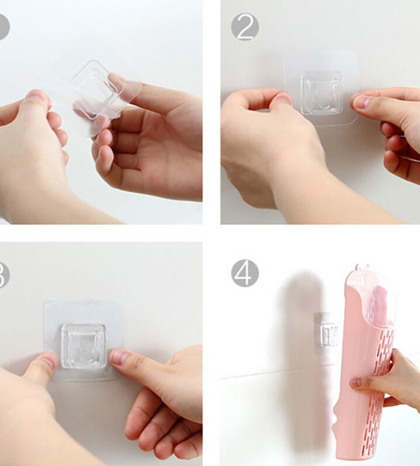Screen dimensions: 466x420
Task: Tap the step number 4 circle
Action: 244,273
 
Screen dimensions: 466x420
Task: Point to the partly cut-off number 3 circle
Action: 3,274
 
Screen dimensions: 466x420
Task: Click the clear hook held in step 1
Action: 93,87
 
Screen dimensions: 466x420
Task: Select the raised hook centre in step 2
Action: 321,93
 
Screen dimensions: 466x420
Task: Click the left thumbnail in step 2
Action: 283,99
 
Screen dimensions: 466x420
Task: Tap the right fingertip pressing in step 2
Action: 362,101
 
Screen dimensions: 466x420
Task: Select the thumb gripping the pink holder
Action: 359,382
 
